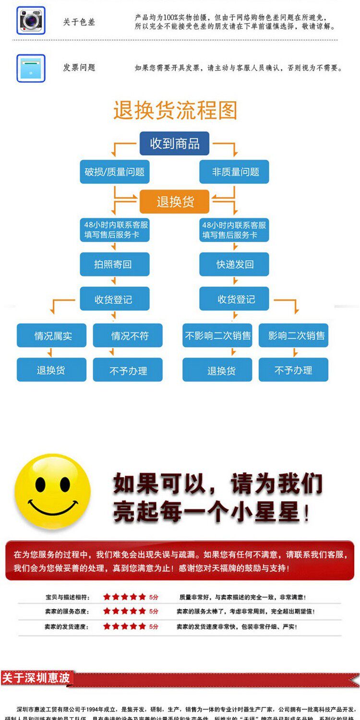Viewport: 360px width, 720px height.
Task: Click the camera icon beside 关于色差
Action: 31,20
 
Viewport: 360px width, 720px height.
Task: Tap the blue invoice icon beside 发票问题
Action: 31,68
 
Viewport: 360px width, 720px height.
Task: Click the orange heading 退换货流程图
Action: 175,110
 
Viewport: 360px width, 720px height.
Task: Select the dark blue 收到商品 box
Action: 174,143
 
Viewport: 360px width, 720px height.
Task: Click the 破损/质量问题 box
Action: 114,172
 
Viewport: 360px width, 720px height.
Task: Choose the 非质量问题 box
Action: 234,172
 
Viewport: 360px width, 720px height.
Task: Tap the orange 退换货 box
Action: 174,202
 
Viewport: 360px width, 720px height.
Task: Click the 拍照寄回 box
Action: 114,264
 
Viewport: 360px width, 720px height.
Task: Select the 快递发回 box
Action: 234,264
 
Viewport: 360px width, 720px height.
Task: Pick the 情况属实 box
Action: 52,336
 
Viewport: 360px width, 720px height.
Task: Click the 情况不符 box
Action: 128,336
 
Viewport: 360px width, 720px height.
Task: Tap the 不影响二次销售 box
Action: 217,336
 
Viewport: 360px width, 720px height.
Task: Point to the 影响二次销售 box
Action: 293,336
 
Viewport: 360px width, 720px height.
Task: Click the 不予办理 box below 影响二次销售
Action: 293,370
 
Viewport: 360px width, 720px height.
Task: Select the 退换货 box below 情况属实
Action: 52,370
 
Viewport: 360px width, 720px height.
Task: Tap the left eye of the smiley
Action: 40,483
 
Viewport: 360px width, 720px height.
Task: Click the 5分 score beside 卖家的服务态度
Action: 154,612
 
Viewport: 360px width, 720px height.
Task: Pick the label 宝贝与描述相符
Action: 68,597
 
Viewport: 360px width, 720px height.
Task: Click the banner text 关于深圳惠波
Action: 36,678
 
